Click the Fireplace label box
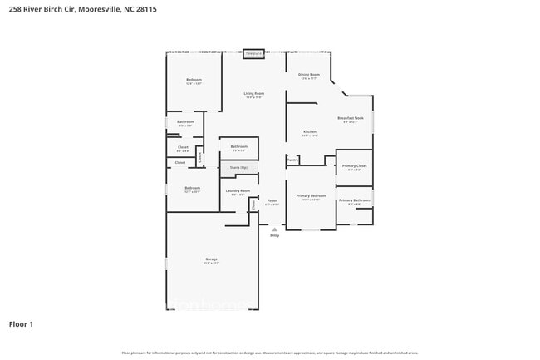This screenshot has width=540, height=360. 253,54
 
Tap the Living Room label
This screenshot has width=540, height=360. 254,94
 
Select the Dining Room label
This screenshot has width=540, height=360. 309,76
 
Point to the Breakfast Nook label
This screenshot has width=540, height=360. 347,119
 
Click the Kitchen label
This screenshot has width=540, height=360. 309,132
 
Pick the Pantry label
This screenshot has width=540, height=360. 292,160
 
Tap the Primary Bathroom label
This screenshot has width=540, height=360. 354,201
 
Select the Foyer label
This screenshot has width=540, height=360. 272,201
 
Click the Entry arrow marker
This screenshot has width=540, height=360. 274,228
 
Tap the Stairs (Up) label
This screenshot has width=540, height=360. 238,168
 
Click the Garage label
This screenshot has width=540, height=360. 212,260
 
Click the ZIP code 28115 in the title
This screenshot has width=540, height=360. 145,9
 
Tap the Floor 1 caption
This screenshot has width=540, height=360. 21,323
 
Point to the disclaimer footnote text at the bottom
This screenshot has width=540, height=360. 271,353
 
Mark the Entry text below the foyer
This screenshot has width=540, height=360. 274,235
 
